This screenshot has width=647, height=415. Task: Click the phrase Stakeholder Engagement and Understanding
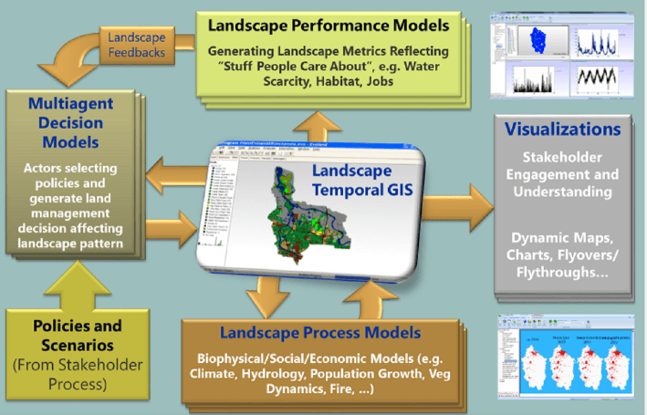[x=562, y=179]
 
